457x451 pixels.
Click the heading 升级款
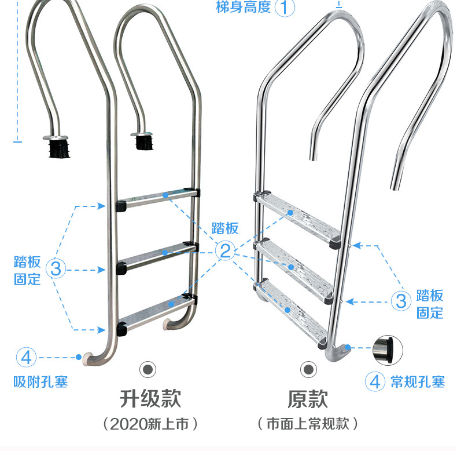click(150, 399)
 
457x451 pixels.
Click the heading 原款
click(308, 399)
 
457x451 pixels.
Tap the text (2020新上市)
click(150, 424)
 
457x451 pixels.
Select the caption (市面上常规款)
click(308, 424)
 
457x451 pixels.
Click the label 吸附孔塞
click(40, 382)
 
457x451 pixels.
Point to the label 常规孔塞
click(418, 382)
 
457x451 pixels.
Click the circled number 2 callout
click(225, 250)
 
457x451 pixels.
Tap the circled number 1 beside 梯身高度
click(285, 7)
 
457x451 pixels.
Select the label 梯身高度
click(244, 7)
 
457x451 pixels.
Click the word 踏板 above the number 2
click(225, 228)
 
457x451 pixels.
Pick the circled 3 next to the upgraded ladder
click(56, 268)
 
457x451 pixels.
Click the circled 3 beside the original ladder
click(401, 301)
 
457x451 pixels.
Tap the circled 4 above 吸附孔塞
click(26, 357)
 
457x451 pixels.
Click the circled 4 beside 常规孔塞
click(375, 381)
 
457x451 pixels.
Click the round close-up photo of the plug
click(388, 350)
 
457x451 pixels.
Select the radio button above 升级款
click(148, 369)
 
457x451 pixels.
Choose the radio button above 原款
click(308, 369)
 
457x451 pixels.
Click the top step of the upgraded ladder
click(158, 199)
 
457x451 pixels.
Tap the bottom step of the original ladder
click(292, 313)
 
